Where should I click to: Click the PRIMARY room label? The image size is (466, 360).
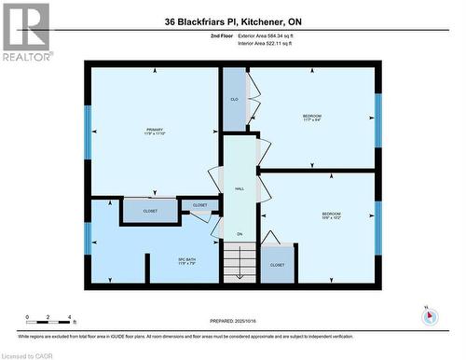(154, 131)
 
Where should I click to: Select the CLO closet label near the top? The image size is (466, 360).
(233, 98)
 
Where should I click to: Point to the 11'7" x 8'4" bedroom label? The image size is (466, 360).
(311, 118)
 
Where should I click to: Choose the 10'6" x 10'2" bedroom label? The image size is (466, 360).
(332, 216)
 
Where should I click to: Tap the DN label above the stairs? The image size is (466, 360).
(239, 233)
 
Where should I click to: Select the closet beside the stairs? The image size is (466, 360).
(277, 263)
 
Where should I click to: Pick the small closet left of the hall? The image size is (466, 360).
(200, 205)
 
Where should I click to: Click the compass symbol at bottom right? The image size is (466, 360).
(430, 315)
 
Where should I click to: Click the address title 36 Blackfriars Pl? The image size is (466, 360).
(232, 21)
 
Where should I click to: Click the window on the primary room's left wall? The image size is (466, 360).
(88, 131)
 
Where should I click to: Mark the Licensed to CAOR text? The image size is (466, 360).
(28, 354)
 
